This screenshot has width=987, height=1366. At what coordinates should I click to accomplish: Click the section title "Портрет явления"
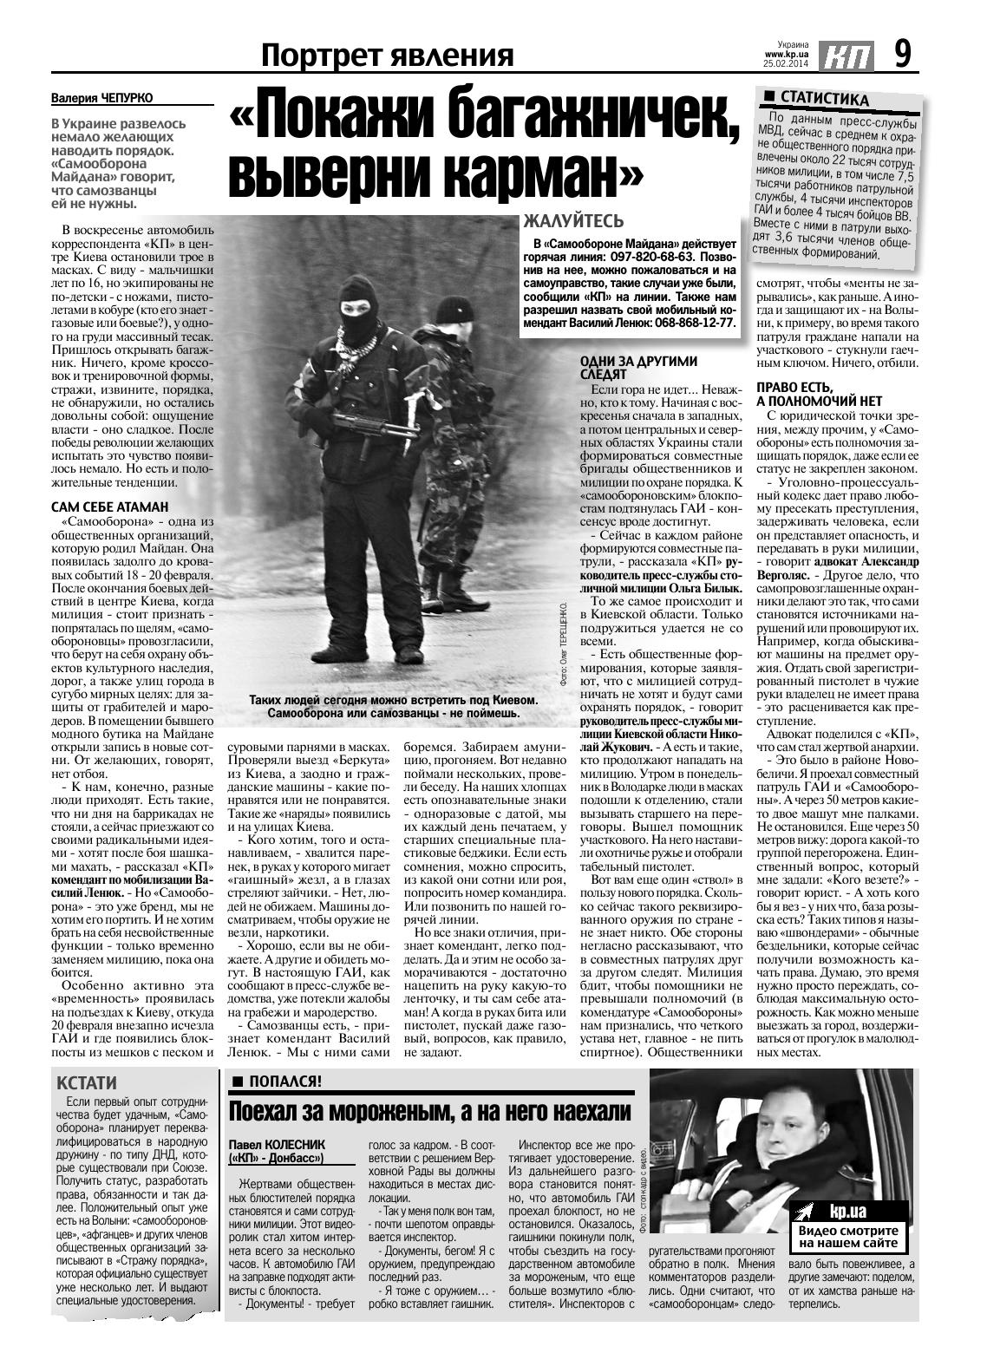coord(388,56)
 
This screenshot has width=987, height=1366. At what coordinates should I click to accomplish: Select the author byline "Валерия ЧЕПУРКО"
coord(108,99)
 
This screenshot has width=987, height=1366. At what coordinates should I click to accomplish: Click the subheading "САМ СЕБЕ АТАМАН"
coord(110,507)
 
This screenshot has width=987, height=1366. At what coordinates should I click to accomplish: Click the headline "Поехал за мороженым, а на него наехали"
coord(429,1113)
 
